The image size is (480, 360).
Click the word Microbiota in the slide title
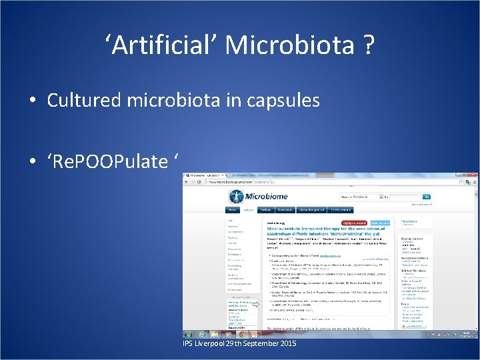pos(290,45)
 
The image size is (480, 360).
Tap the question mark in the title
pos(368,45)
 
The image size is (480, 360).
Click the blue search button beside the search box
pos(426,197)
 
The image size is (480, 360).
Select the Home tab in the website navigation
pos(233,209)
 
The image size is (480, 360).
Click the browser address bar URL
pos(240,181)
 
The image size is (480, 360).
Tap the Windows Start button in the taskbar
pos(189,334)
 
